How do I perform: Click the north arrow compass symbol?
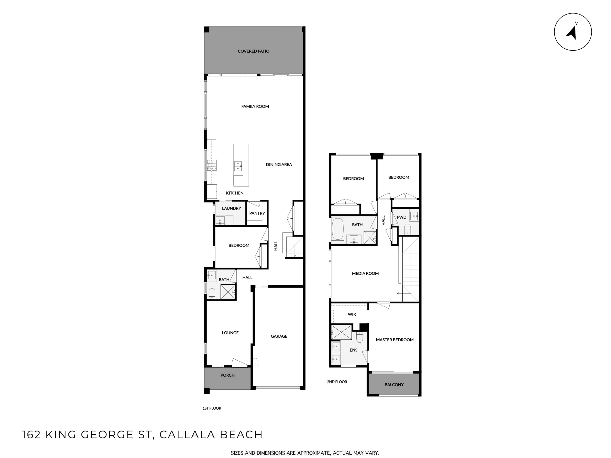[573, 32]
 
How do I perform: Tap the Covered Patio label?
[253, 51]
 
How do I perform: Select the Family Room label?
[255, 106]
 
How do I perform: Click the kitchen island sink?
[238, 166]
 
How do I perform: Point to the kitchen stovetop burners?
[212, 165]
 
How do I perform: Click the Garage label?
[279, 336]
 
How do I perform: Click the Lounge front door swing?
[239, 363]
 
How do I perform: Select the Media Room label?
[365, 273]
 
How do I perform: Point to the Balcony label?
[394, 385]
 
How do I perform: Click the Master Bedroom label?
[395, 340]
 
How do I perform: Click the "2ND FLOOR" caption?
[337, 382]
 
